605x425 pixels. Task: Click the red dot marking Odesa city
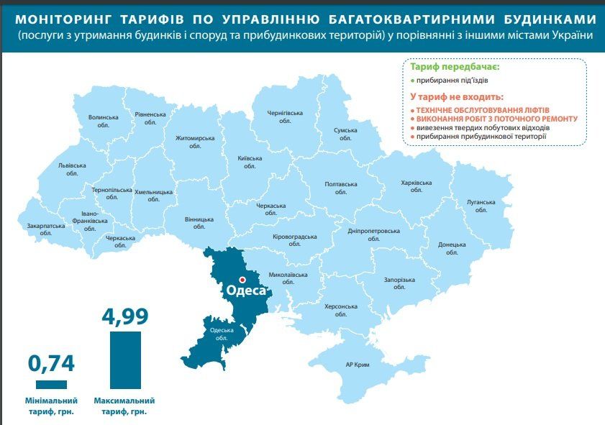click(242, 279)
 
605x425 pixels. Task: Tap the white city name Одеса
click(246, 291)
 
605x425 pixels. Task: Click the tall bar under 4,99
click(125, 360)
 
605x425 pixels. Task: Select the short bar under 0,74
click(50, 384)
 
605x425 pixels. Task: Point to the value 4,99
click(125, 316)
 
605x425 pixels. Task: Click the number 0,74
click(50, 363)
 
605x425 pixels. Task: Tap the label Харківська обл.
click(417, 186)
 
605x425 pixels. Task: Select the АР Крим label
click(358, 365)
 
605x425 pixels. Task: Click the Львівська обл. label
click(72, 169)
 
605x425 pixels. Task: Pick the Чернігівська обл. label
click(286, 117)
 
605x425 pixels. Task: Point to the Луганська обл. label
click(481, 205)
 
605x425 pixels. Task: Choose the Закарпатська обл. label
click(46, 229)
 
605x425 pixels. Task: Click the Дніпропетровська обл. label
click(373, 235)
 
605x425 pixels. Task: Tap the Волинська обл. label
click(103, 120)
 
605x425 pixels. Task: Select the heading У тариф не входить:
click(457, 96)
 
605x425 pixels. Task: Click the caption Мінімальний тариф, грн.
click(50, 406)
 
